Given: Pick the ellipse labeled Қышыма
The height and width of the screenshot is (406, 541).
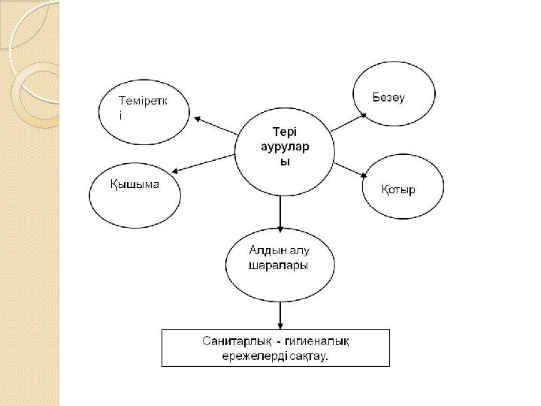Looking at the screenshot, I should pyautogui.click(x=135, y=197).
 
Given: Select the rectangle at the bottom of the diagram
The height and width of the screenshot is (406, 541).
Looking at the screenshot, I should pyautogui.click(x=276, y=347).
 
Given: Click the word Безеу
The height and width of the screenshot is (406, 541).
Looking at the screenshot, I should pyautogui.click(x=389, y=98).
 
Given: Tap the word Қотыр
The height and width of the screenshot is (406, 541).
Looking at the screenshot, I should pyautogui.click(x=398, y=189).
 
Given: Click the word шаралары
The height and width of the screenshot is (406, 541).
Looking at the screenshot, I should pyautogui.click(x=279, y=265).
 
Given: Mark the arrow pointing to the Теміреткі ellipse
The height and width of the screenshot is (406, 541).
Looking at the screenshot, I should pyautogui.click(x=216, y=126).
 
